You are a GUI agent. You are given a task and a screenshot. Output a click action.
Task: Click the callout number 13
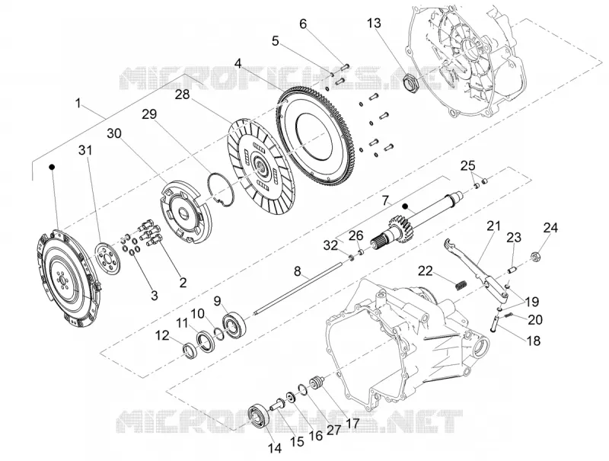point(374,24)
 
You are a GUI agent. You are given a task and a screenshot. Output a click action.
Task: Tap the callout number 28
point(182,94)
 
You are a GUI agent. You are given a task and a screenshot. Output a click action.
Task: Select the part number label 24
point(550,227)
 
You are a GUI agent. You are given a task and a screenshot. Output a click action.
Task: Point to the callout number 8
point(297,271)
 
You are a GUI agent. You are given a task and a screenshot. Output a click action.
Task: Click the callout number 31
point(85,150)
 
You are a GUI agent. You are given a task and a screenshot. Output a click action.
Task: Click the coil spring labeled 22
point(461,284)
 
